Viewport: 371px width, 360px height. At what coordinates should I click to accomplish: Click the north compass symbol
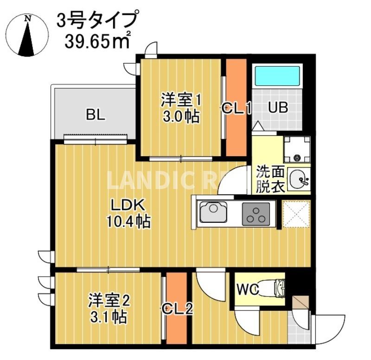coord(28,35)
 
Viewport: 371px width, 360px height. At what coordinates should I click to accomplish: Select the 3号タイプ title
coord(97,20)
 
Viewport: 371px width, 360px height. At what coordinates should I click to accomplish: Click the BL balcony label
coord(96,114)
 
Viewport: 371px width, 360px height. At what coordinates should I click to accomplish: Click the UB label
coord(278,108)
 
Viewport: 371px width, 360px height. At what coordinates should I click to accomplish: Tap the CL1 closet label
coord(236,109)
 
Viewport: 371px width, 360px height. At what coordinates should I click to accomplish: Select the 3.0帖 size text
coord(180,116)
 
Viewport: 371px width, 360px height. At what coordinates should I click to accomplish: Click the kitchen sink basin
coord(215,214)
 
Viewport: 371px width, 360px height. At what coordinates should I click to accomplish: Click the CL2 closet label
coord(177,308)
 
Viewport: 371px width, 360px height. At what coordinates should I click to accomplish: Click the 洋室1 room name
coord(181,100)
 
